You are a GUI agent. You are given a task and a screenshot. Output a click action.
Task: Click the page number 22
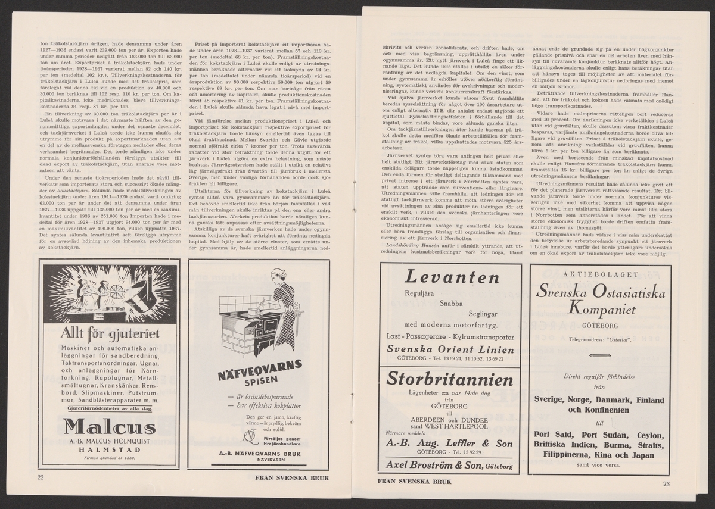coord(41,477)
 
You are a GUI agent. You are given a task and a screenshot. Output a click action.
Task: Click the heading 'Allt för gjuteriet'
coord(108,332)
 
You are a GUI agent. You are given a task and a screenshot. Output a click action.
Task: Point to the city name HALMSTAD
coord(108,450)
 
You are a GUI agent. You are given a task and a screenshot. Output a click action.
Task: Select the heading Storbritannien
coord(450,380)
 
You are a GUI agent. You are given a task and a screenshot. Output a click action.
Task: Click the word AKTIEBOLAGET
coord(599,275)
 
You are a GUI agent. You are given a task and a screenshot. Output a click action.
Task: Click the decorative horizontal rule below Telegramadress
coord(599,356)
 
